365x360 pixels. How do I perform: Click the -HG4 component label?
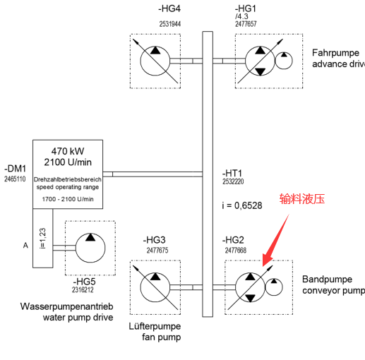[169, 8]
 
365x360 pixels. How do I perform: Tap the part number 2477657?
[246, 24]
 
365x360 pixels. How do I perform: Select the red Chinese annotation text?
[302, 199]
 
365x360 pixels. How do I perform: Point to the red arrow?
[275, 240]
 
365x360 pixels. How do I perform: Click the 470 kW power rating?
[68, 151]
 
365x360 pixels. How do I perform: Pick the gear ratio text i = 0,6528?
[242, 205]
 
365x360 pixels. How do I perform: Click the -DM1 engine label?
[15, 169]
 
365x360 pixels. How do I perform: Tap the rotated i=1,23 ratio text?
[42, 238]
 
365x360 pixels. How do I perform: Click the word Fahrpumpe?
[335, 53]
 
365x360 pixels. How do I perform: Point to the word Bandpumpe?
[327, 280]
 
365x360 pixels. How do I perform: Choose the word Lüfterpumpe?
[155, 326]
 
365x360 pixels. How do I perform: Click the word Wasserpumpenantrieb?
[67, 306]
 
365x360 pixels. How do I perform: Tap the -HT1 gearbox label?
[232, 173]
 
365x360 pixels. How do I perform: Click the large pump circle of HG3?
[140, 287]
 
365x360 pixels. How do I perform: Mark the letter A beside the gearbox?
[25, 246]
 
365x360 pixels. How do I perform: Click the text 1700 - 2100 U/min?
[68, 199]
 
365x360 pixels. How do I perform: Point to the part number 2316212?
[83, 289]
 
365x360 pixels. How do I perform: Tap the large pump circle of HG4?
[140, 61]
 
